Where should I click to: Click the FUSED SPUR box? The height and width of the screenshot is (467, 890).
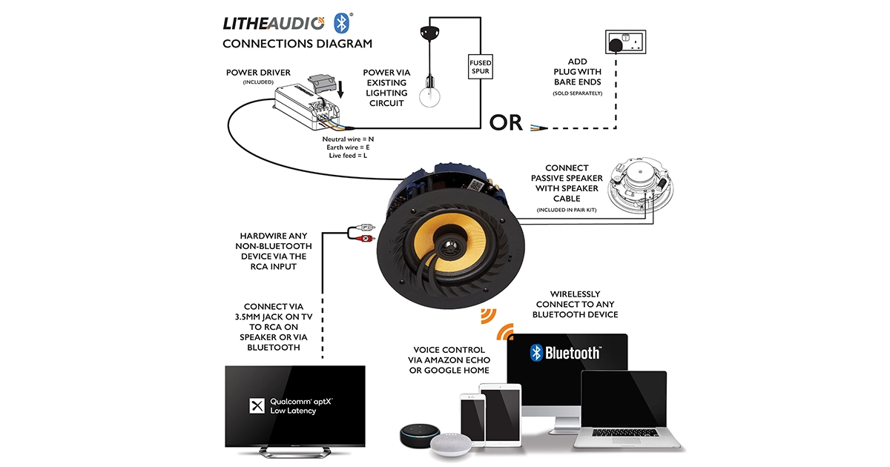[480, 67]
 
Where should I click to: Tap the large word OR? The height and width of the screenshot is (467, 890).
[506, 122]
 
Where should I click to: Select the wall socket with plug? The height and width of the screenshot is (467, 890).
[625, 44]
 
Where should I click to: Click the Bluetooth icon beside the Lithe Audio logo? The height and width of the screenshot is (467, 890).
[340, 22]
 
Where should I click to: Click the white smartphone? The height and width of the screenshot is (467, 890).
[472, 423]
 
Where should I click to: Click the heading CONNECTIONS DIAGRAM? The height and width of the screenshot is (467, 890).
[297, 44]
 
